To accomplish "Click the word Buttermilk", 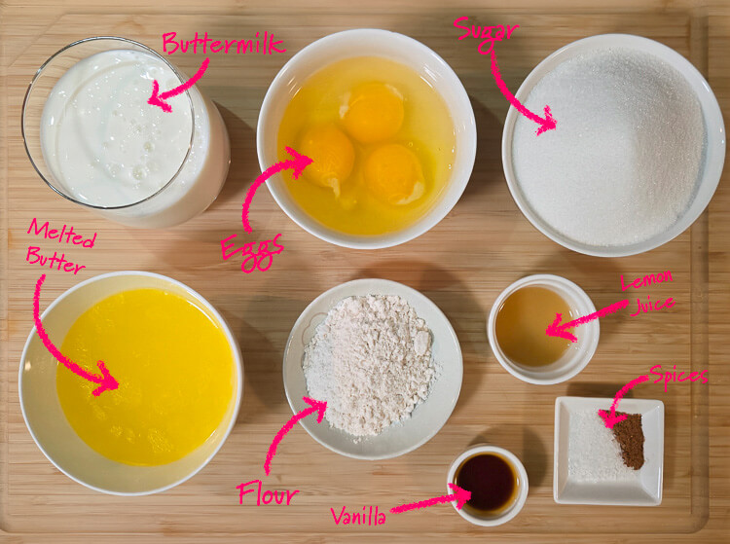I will point(223,43).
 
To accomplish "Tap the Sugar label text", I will point(486,28).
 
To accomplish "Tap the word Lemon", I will point(648,282).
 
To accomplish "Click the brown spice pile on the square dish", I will point(628,441).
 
